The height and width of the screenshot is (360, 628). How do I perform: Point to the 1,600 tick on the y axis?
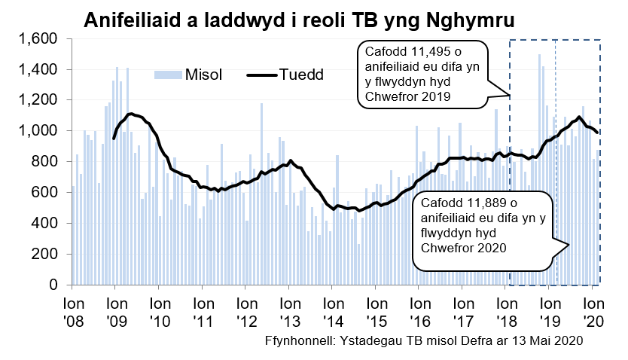point(38,38)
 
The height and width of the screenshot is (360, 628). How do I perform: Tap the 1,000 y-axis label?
point(38,131)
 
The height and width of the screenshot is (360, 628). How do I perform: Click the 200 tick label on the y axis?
point(46,255)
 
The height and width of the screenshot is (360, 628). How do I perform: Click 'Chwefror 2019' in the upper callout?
point(407,97)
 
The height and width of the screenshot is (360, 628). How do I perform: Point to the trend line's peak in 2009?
point(131,114)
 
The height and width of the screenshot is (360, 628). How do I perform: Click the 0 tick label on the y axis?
point(54,285)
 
